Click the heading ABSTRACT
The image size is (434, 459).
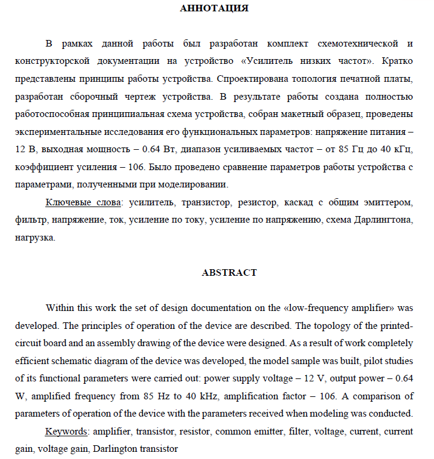[x=230, y=273]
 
